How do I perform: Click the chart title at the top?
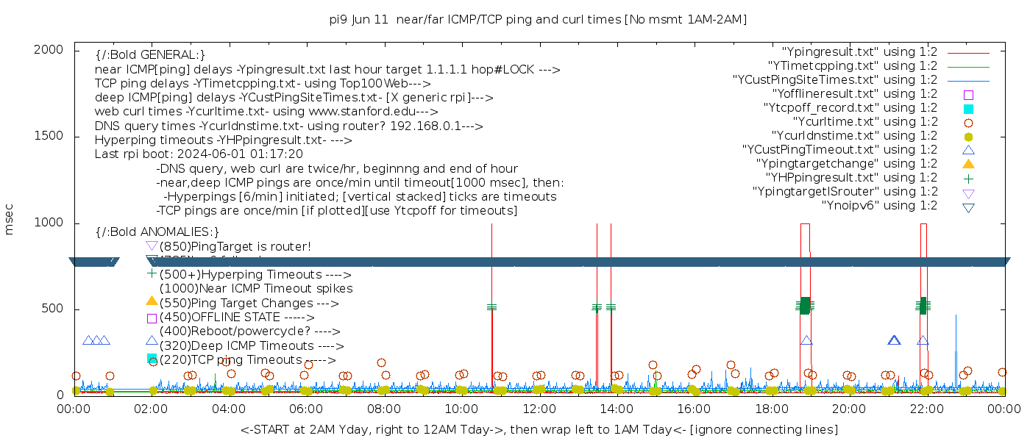[539, 20]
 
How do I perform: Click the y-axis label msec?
[10, 222]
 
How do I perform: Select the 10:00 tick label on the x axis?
[461, 409]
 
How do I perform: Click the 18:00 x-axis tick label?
[771, 409]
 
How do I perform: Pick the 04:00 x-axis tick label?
[229, 409]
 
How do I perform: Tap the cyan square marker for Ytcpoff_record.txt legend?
[968, 109]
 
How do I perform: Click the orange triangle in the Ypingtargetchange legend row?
[968, 164]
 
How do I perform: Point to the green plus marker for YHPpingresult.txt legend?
[968, 178]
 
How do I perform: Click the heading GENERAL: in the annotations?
[150, 55]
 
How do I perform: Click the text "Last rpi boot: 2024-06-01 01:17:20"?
[199, 154]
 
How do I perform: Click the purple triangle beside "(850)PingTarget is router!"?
[152, 245]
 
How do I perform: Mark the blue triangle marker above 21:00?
[894, 340]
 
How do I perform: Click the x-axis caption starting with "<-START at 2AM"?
[539, 429]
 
